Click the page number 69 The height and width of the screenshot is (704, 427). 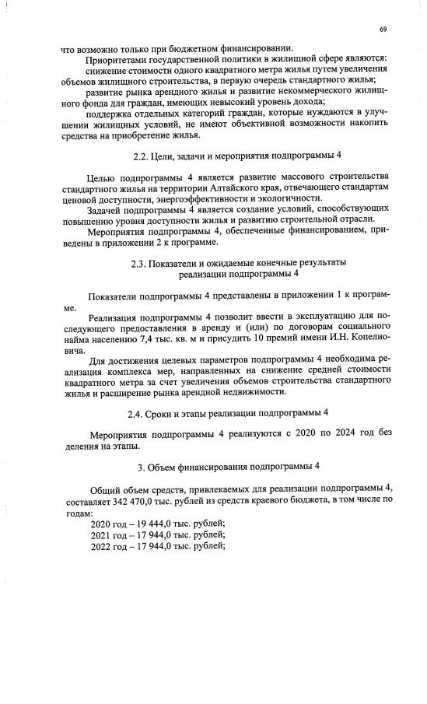383,29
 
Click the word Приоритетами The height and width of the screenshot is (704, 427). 123,59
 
